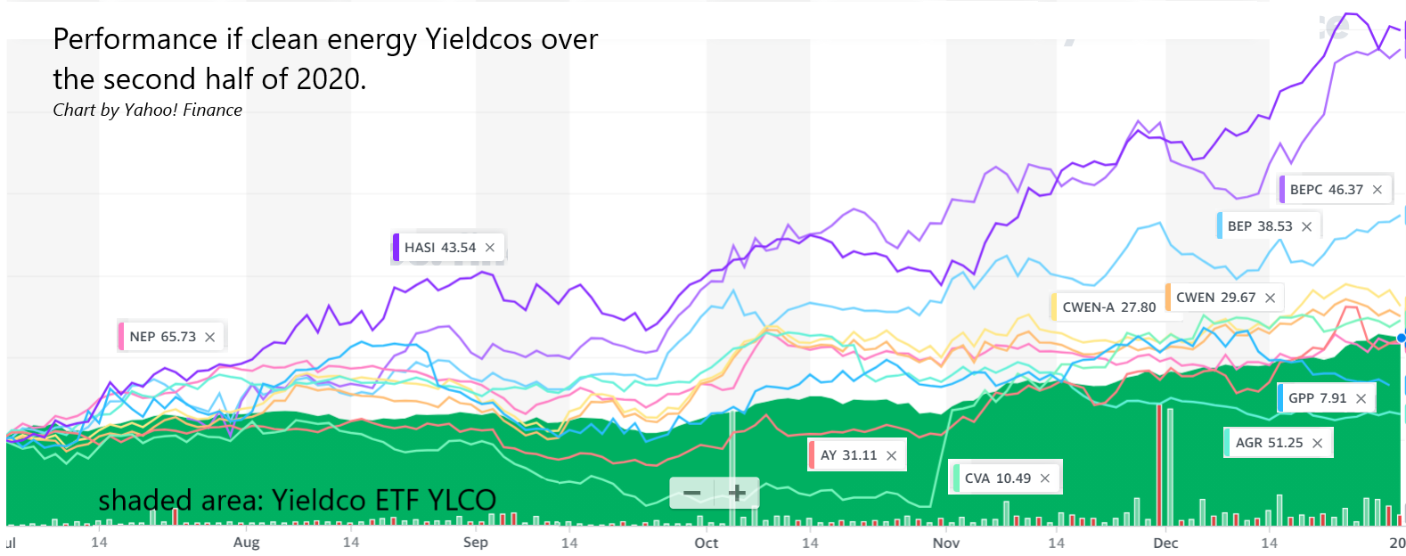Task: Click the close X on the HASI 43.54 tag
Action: [490, 248]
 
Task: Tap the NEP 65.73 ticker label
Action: [163, 337]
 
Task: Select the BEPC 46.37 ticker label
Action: [1326, 190]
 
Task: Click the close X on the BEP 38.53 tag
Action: [1306, 226]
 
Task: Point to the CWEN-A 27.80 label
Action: [1108, 307]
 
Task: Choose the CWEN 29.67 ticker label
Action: [1215, 298]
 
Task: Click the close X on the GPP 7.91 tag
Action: [1361, 398]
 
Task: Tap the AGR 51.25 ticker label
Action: [1269, 443]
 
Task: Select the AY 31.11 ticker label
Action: [848, 455]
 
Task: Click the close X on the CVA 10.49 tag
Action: [1045, 478]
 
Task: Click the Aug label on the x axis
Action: [247, 543]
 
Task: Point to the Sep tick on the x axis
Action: [476, 543]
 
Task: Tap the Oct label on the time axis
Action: [707, 543]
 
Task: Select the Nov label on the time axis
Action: [946, 543]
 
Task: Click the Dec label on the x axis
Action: [1165, 543]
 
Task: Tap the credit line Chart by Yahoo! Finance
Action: [148, 110]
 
